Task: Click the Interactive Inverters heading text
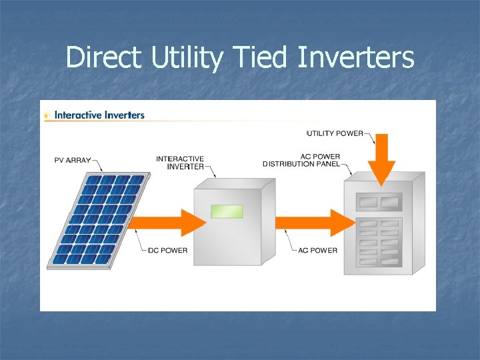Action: [x=99, y=115]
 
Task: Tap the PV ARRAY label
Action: [x=72, y=160]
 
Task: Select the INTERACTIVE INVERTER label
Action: [x=180, y=163]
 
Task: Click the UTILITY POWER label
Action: [x=335, y=133]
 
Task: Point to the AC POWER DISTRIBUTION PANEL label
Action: [x=301, y=160]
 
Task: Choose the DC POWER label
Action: [x=168, y=251]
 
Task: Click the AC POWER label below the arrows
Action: [x=317, y=251]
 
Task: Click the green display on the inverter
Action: [x=227, y=211]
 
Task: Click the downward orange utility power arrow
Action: [x=383, y=163]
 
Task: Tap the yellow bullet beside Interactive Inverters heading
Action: [x=47, y=115]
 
